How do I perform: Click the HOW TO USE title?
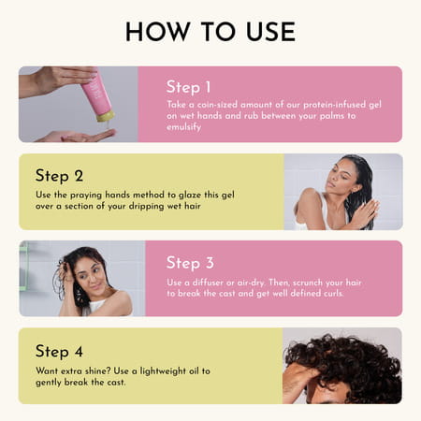(x=210, y=31)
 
